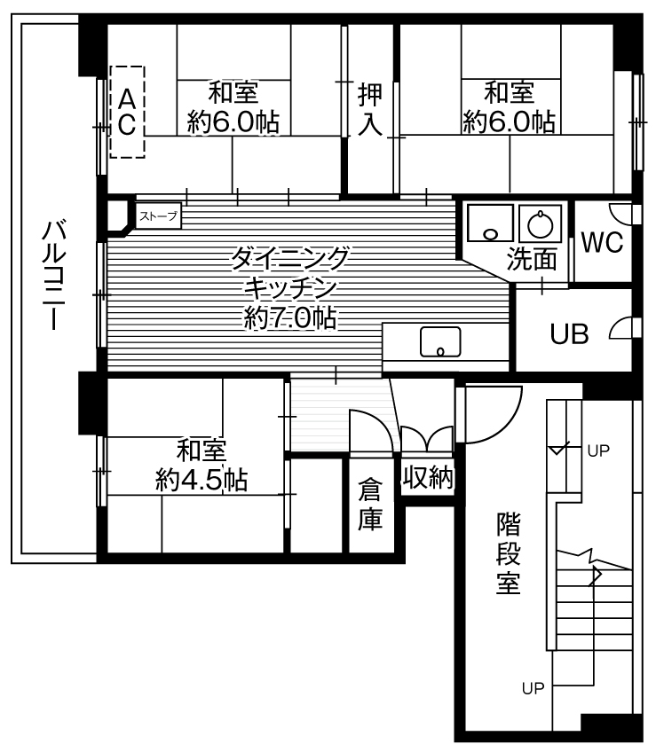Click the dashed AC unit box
pyautogui.click(x=127, y=111)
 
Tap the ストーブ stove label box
pyautogui.click(x=158, y=215)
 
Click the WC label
pyautogui.click(x=602, y=242)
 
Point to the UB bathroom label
pyautogui.click(x=568, y=333)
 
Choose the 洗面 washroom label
pyautogui.click(x=533, y=259)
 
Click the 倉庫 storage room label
pyautogui.click(x=370, y=504)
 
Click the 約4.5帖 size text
pyautogui.click(x=202, y=480)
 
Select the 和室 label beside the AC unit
pyautogui.click(x=233, y=92)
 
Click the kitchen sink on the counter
pyautogui.click(x=440, y=341)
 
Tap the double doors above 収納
pyautogui.click(x=428, y=439)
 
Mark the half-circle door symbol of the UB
pyautogui.click(x=623, y=329)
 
